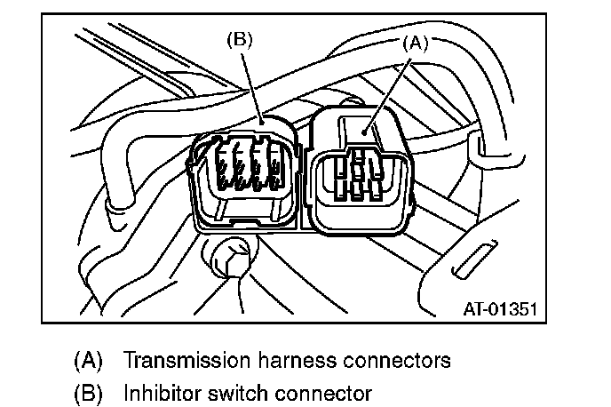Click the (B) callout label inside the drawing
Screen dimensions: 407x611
point(241,40)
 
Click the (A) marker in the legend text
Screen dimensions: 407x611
point(88,361)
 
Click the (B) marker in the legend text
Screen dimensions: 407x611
point(88,391)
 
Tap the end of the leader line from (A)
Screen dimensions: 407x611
point(366,133)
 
